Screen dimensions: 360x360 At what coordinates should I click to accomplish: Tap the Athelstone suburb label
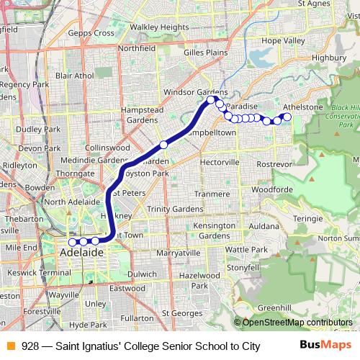click(302, 107)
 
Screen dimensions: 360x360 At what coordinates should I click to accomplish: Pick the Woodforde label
click(272, 190)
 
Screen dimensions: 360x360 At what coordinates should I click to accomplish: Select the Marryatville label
click(177, 253)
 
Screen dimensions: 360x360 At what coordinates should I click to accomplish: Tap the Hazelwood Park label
click(199, 280)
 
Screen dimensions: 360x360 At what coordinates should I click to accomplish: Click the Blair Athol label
click(74, 75)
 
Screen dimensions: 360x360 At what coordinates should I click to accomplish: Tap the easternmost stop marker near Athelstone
click(287, 117)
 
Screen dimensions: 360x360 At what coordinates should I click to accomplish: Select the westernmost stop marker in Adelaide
click(72, 242)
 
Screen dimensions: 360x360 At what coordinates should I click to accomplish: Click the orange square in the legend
click(10, 346)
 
